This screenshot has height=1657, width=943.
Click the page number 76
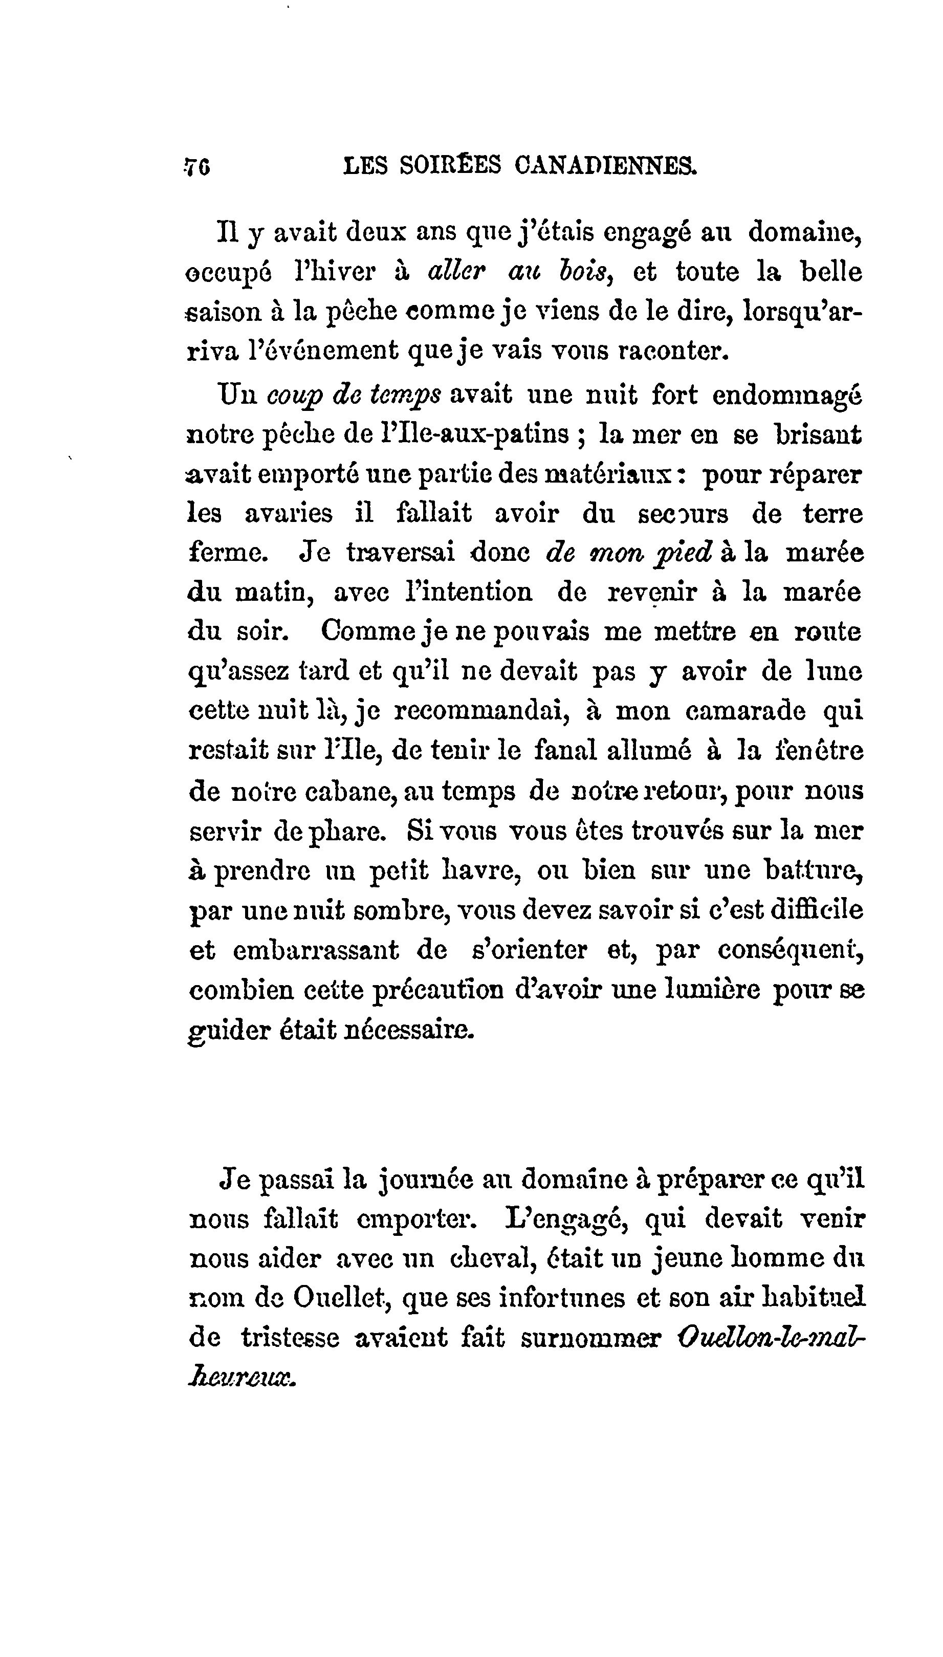coord(198,167)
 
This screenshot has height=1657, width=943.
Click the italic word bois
coord(586,272)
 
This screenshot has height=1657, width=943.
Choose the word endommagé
coord(786,395)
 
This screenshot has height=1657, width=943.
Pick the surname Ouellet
coord(339,1297)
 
